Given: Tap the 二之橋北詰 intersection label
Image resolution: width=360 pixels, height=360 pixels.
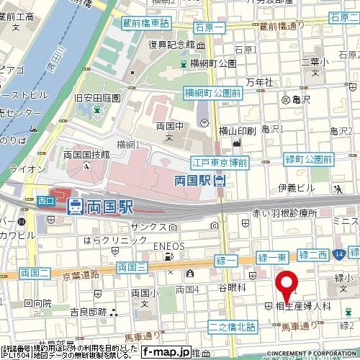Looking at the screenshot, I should coord(232,327).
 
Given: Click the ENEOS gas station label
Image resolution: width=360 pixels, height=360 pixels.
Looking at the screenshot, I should coord(168,246).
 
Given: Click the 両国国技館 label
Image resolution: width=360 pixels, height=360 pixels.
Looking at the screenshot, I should coord(86,154).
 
